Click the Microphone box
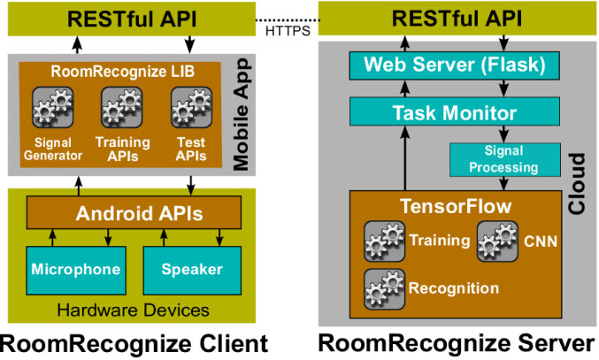76,271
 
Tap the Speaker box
192,271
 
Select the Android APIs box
134,212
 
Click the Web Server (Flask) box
455,65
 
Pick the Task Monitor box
455,111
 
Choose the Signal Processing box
505,159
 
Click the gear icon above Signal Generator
53,107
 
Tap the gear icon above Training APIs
122,107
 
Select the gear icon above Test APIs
191,107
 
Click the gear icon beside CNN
498,241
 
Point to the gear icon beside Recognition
384,289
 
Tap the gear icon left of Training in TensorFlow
384,241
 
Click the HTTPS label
288,31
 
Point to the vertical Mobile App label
242,114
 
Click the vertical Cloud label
577,183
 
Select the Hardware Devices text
134,310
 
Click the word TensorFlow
456,206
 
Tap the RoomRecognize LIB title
123,72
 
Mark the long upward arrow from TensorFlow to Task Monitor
405,158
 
